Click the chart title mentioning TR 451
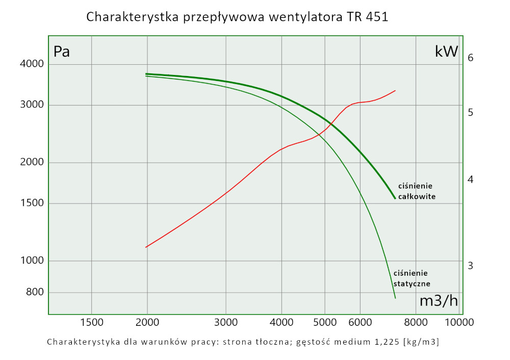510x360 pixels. (x=238, y=17)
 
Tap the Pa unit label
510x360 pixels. (x=62, y=52)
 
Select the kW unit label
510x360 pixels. (x=446, y=52)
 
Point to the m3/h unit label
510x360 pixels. (x=438, y=301)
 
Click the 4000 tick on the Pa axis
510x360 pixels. (x=32, y=64)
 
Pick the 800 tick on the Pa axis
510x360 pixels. (x=35, y=293)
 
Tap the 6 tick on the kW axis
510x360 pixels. (x=471, y=58)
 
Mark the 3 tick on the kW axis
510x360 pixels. (x=471, y=266)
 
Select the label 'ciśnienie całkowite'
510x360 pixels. (x=417, y=191)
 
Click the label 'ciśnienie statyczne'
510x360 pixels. (x=412, y=278)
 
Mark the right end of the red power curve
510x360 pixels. (x=395, y=91)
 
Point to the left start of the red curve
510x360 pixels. (x=146, y=247)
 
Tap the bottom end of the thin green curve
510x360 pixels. (x=395, y=298)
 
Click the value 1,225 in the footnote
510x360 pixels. (x=378, y=342)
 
